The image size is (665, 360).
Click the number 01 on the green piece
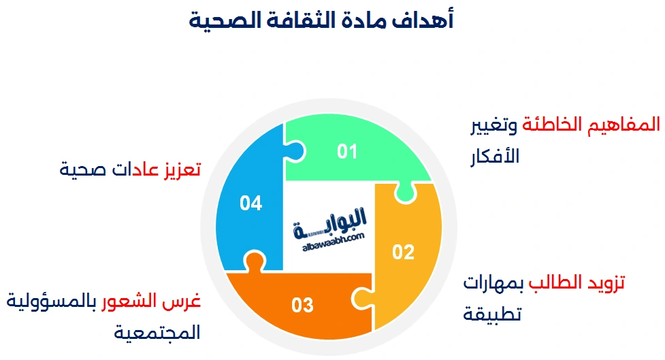[x=347, y=151]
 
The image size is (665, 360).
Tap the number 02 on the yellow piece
[x=404, y=252]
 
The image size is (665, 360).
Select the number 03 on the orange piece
[x=302, y=305]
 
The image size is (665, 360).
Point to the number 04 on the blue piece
[x=251, y=203]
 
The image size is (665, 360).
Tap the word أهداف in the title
[x=426, y=20]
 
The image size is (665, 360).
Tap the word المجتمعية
[x=157, y=332]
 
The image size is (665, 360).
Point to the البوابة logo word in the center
[x=332, y=221]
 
